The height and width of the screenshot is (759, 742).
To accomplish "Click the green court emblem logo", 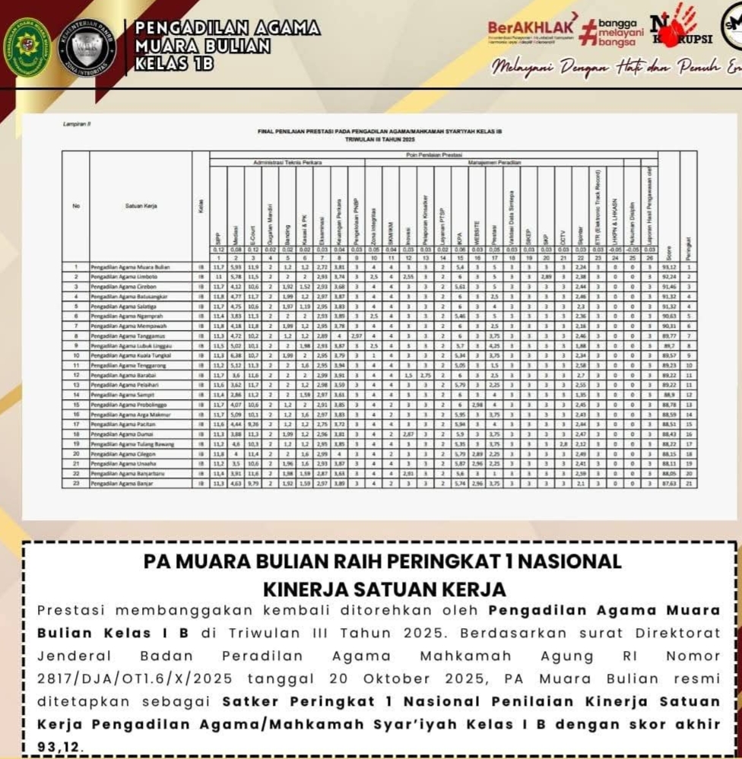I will click(x=28, y=47).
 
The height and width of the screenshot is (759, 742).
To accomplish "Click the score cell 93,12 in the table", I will click(x=669, y=268).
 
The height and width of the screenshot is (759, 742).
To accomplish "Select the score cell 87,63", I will click(x=669, y=483).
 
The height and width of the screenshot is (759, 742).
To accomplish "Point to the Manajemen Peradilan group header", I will click(x=510, y=163).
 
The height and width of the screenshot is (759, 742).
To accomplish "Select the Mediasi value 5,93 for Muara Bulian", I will click(x=236, y=268).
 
